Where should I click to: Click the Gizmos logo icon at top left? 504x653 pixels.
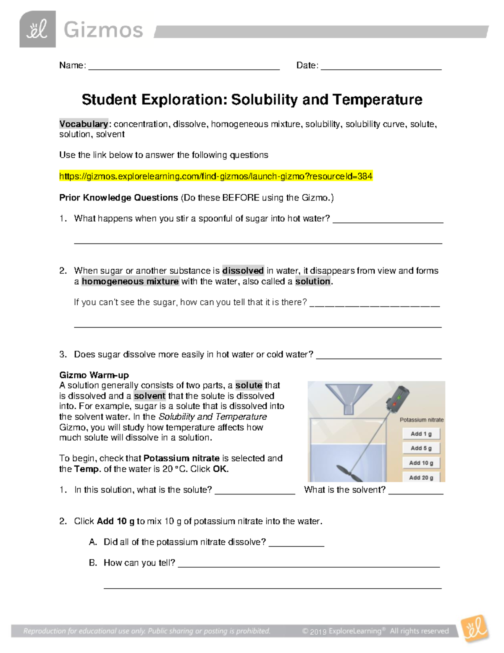pyautogui.click(x=37, y=29)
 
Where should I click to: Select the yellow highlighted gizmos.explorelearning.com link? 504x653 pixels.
pyautogui.click(x=216, y=176)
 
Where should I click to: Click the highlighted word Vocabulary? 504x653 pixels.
pyautogui.click(x=84, y=124)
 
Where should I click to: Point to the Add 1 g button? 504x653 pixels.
pyautogui.click(x=421, y=434)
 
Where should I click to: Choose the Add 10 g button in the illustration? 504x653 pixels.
pyautogui.click(x=421, y=463)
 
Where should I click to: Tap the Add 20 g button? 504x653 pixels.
pyautogui.click(x=421, y=477)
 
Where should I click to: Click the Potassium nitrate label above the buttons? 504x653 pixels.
pyautogui.click(x=421, y=420)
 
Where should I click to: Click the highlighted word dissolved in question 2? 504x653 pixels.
pyautogui.click(x=243, y=271)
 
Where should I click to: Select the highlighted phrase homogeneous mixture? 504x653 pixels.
pyautogui.click(x=130, y=281)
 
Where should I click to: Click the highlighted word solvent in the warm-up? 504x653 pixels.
pyautogui.click(x=150, y=396)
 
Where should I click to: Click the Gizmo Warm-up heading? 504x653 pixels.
pyautogui.click(x=94, y=375)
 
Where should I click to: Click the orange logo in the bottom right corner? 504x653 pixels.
pyautogui.click(x=475, y=629)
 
